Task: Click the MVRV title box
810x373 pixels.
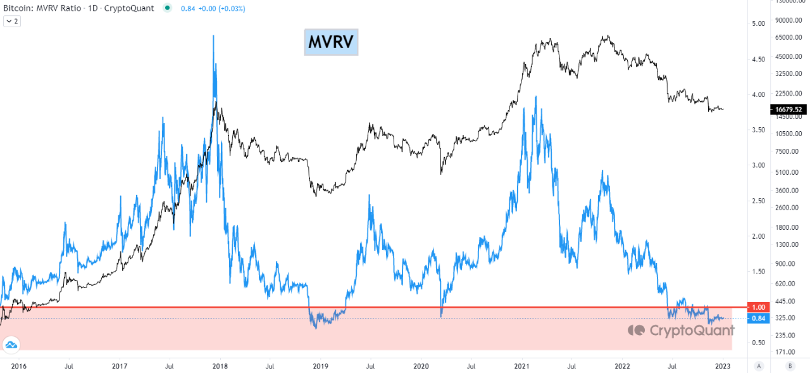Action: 331,42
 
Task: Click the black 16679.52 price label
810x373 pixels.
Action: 787,110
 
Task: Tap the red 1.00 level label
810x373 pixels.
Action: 757,307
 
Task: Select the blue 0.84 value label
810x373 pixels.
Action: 757,318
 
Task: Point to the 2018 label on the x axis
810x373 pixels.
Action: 220,365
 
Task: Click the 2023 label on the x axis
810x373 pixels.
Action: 723,365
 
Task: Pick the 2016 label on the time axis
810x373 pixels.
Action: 19,365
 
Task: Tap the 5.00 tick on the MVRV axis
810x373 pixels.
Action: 758,23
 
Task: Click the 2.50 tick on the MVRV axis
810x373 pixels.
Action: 758,201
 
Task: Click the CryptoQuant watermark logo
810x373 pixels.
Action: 681,330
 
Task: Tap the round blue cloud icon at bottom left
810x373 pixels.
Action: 11,345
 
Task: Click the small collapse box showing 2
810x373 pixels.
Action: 12,21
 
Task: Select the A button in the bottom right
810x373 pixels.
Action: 759,365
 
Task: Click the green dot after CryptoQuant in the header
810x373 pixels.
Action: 166,8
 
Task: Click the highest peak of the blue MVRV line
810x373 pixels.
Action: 213,36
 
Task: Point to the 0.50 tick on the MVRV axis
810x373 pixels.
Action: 758,343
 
